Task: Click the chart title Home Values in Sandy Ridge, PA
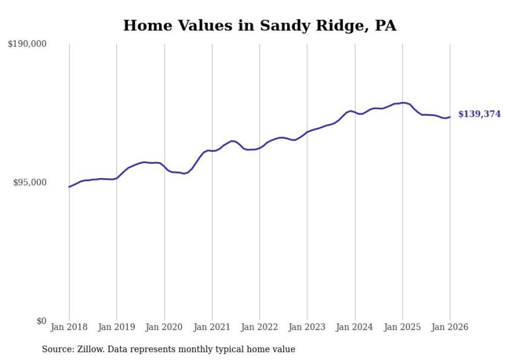[260, 25]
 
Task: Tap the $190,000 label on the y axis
[27, 44]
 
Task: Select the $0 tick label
[41, 321]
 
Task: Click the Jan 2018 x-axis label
[69, 327]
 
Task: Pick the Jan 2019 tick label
[117, 327]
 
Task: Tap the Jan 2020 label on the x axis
[164, 327]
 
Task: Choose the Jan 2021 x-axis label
[212, 327]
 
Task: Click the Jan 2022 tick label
[260, 327]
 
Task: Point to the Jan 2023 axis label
[307, 327]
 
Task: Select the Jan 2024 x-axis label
[355, 327]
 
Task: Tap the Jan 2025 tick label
[402, 327]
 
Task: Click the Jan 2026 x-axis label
[450, 327]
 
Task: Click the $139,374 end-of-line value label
[479, 114]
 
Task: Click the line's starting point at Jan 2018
[69, 187]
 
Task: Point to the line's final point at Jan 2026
[450, 117]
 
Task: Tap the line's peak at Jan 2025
[403, 103]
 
